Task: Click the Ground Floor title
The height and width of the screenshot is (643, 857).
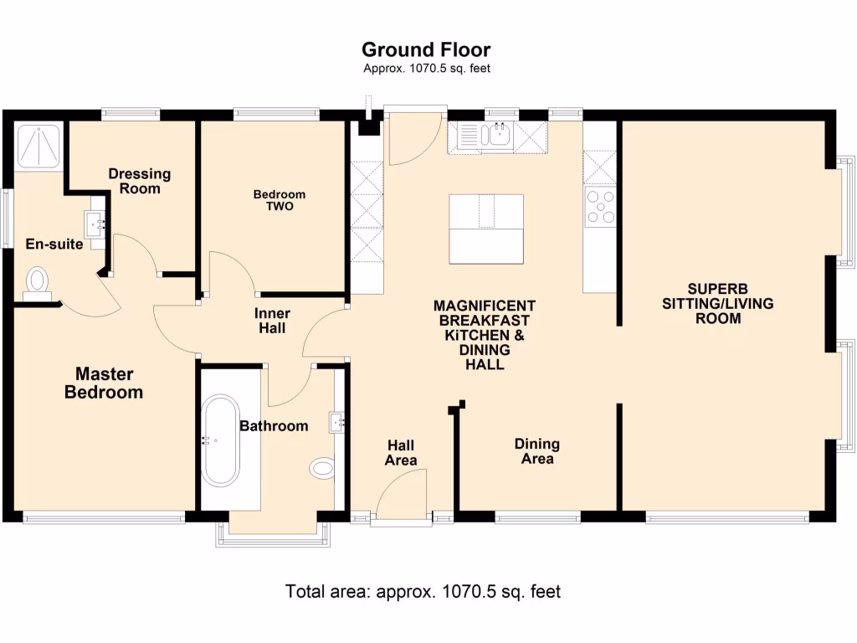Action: [x=426, y=50]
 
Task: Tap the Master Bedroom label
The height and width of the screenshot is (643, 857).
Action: [x=104, y=383]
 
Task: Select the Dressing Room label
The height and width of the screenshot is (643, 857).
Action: [x=139, y=181]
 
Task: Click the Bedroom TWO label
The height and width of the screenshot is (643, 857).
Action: [x=280, y=200]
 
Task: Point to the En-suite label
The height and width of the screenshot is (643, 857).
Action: [x=54, y=244]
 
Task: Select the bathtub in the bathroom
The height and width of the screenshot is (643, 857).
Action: [x=221, y=440]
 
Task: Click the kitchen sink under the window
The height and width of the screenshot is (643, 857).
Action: [x=499, y=135]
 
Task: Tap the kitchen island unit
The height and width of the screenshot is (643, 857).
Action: [x=486, y=229]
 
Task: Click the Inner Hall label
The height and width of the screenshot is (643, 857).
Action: [x=270, y=321]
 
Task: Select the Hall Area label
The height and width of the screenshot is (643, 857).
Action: [x=400, y=453]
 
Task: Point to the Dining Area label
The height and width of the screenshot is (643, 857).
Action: [x=536, y=451]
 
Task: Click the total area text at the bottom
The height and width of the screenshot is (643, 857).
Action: [x=423, y=591]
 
